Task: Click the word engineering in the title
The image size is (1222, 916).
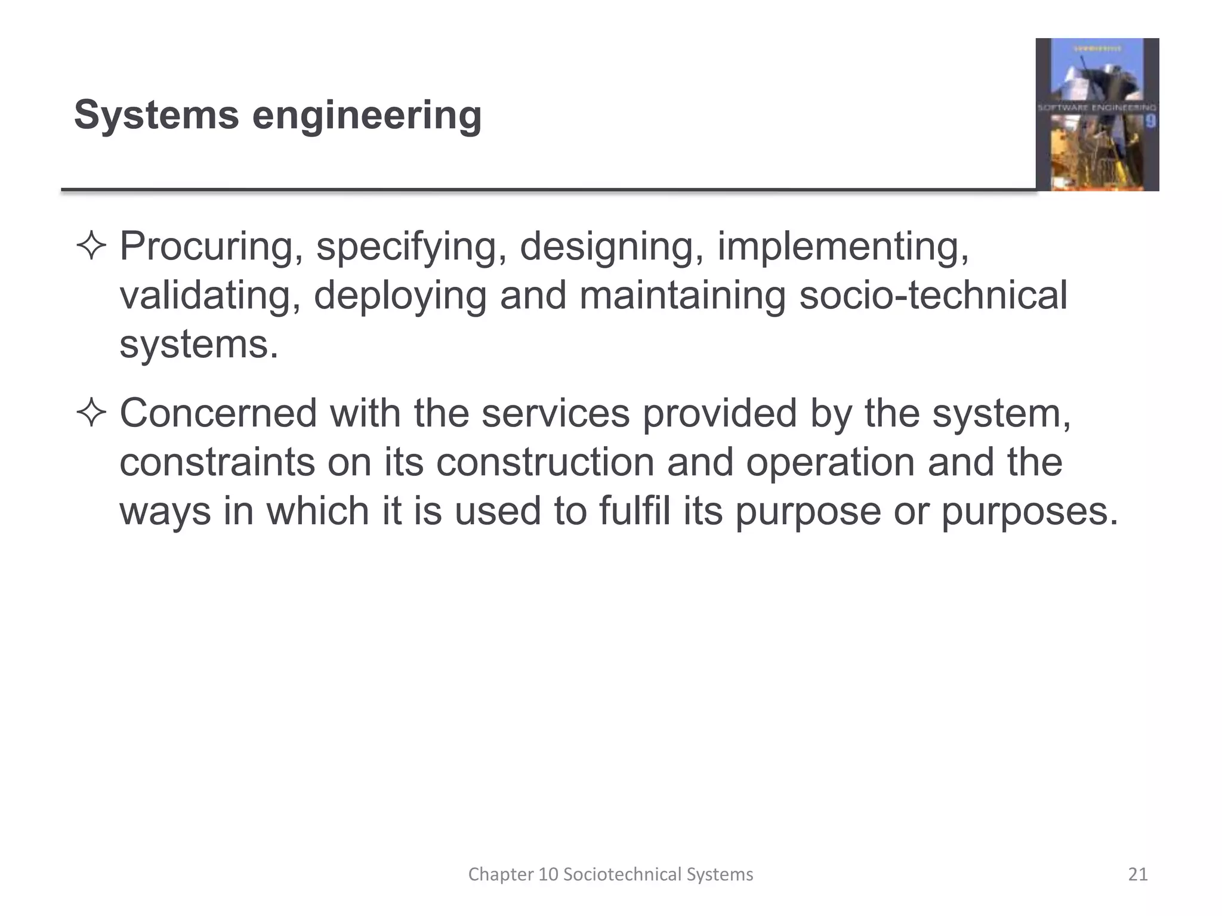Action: [x=366, y=116]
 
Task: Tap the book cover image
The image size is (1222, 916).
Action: [x=1097, y=114]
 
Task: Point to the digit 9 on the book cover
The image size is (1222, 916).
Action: [x=1150, y=122]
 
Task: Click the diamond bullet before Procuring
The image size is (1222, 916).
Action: [x=91, y=246]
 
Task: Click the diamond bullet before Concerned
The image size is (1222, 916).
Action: [x=91, y=413]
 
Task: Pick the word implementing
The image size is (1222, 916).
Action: [x=843, y=247]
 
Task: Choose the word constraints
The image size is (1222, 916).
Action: [x=217, y=462]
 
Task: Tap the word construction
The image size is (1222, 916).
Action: [x=545, y=462]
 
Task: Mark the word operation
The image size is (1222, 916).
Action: [x=830, y=463]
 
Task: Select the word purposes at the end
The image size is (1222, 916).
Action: [x=1029, y=512]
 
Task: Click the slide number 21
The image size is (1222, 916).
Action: [x=1138, y=874]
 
